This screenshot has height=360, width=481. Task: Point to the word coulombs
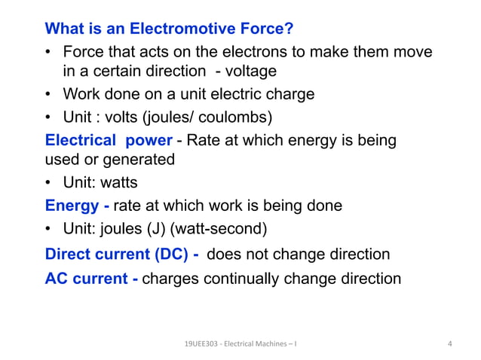[231, 117]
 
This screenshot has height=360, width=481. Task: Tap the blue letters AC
[59, 278]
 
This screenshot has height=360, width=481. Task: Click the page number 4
[449, 344]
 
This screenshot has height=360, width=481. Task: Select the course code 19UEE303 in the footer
[201, 344]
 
